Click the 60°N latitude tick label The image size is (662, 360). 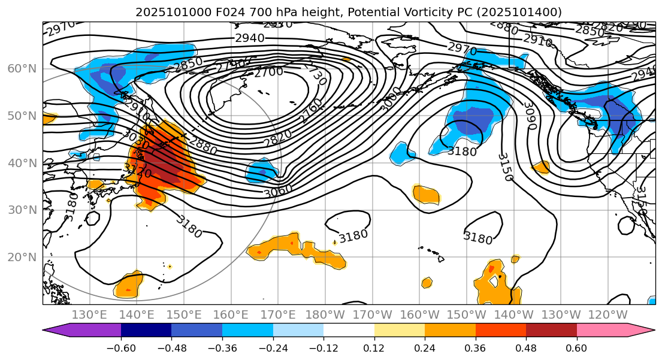pos(22,68)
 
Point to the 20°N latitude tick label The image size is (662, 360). pos(22,257)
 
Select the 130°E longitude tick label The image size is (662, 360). pos(89,314)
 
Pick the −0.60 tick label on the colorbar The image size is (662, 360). pos(121,348)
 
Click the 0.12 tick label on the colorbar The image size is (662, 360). pos(374,348)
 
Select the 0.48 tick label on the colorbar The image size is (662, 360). pos(526,348)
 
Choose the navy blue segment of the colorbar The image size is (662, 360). pos(146,330)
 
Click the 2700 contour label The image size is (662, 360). pos(268,72)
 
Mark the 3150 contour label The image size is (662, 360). pos(505,167)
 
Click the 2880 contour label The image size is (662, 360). pos(202,143)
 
